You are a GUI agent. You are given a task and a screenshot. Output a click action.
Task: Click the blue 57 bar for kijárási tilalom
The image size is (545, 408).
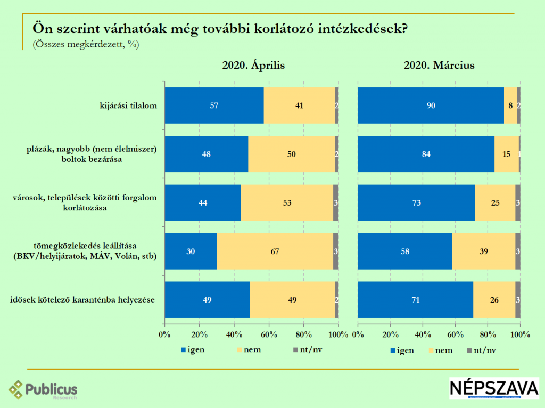pos(214,105)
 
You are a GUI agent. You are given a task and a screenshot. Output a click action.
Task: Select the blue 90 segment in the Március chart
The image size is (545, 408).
pos(431,105)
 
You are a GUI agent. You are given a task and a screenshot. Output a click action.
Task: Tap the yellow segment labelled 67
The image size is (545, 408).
pos(275,251)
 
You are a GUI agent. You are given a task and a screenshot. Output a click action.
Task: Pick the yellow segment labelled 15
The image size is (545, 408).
pos(506,154)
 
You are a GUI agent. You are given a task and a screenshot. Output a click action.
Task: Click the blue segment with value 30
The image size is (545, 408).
pos(191,251)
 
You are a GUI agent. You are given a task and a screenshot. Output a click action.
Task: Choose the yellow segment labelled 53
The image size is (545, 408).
pos(287,203)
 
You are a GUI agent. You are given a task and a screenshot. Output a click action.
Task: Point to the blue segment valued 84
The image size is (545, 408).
pos(426,154)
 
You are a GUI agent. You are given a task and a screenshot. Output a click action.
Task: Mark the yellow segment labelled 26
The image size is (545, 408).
pos(494,300)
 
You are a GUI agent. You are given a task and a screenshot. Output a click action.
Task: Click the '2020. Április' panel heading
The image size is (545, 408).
pos(254,66)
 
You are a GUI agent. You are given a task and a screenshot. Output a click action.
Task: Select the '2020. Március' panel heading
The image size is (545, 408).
pos(439,66)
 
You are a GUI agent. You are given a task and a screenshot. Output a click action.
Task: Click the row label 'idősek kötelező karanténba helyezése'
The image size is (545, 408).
pos(82,300)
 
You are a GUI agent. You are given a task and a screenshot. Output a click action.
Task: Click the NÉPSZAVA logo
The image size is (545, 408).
pos(494,389)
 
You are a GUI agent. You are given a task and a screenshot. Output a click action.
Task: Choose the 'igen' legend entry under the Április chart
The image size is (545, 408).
pos(193,350)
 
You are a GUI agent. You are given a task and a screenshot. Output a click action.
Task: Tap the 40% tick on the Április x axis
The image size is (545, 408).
pos(234,335)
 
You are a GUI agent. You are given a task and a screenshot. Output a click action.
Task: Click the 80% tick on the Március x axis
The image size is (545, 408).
pos(488,335)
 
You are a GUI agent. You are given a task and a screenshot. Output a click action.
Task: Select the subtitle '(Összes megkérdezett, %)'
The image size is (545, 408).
pos(86,45)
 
